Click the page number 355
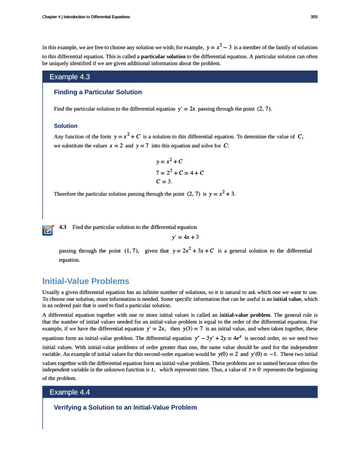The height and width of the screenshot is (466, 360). tap(314, 17)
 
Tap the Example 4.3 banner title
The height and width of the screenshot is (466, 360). tap(66, 76)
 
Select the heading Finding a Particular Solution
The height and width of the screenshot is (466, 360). tap(98, 92)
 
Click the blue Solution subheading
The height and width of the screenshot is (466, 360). tap(66, 126)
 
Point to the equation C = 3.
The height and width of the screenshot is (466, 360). tap(164, 181)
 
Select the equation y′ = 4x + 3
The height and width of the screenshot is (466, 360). tap(185, 237)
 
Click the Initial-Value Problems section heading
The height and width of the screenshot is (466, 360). tap(86, 281)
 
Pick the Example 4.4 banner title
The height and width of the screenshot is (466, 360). tap(66, 392)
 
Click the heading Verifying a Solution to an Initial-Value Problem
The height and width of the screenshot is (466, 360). tap(125, 407)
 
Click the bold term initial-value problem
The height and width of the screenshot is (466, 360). tap(245, 314)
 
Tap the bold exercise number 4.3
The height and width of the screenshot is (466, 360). tap(63, 227)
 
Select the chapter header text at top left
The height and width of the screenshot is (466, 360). tap(86, 17)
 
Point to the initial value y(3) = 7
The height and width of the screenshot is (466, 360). tap(195, 329)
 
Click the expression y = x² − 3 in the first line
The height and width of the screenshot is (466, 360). tap(219, 47)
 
